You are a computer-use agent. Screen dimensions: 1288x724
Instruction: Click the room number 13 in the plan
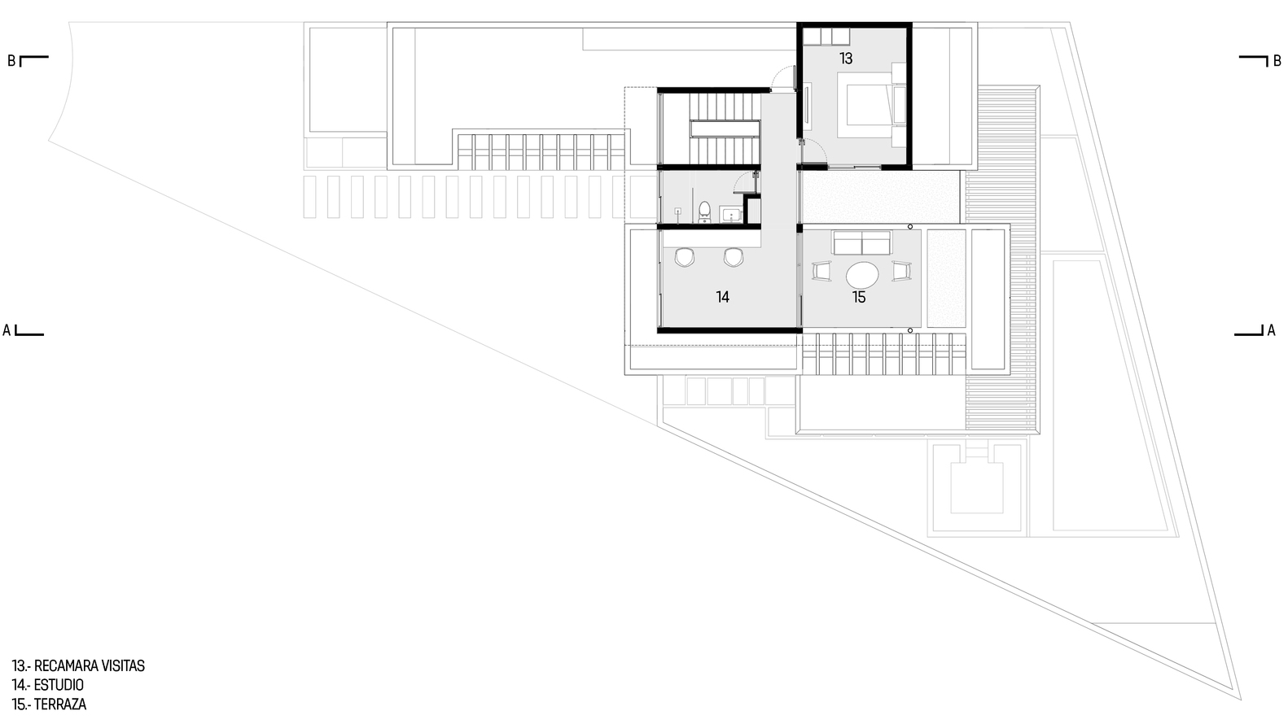pyautogui.click(x=845, y=59)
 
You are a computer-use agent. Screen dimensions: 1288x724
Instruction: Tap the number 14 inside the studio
pyautogui.click(x=723, y=297)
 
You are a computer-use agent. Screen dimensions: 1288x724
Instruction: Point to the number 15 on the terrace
pyautogui.click(x=859, y=297)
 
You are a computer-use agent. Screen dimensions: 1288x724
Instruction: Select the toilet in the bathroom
pyautogui.click(x=703, y=212)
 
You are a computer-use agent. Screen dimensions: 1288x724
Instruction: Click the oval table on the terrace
pyautogui.click(x=862, y=276)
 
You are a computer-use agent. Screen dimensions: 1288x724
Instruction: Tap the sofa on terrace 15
pyautogui.click(x=862, y=242)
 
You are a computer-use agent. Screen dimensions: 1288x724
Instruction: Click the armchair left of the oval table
pyautogui.click(x=821, y=271)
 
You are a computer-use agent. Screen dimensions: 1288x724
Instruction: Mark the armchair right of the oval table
pyautogui.click(x=901, y=271)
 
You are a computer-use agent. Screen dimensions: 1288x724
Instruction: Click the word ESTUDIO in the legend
pyautogui.click(x=59, y=685)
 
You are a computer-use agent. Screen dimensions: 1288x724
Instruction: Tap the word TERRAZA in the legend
pyautogui.click(x=59, y=704)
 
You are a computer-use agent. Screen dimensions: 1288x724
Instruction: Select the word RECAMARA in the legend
pyautogui.click(x=66, y=666)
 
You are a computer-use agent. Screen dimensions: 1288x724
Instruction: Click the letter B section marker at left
pyautogui.click(x=11, y=61)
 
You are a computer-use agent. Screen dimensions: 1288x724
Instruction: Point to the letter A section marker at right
pyautogui.click(x=1272, y=330)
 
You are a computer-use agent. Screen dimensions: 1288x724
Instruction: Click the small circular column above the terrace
pyautogui.click(x=910, y=227)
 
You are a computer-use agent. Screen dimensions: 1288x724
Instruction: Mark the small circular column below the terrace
pyautogui.click(x=910, y=330)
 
